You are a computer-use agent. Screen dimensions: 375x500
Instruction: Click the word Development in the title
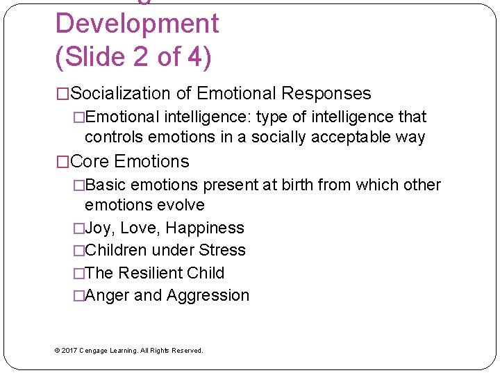tap(137, 24)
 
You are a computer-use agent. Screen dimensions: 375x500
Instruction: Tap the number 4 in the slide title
tap(197, 56)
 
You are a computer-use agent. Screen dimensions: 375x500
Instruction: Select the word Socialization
tap(122, 94)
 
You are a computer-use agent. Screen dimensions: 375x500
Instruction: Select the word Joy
tap(99, 228)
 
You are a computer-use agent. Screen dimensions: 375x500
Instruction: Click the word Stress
tap(222, 250)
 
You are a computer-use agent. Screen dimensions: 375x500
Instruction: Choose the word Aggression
tap(208, 295)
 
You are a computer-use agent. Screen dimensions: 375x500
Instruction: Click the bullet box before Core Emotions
tap(62, 162)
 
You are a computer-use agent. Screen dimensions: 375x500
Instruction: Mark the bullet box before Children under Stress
tap(78, 251)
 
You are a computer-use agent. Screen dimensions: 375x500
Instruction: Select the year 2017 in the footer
tap(69, 351)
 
